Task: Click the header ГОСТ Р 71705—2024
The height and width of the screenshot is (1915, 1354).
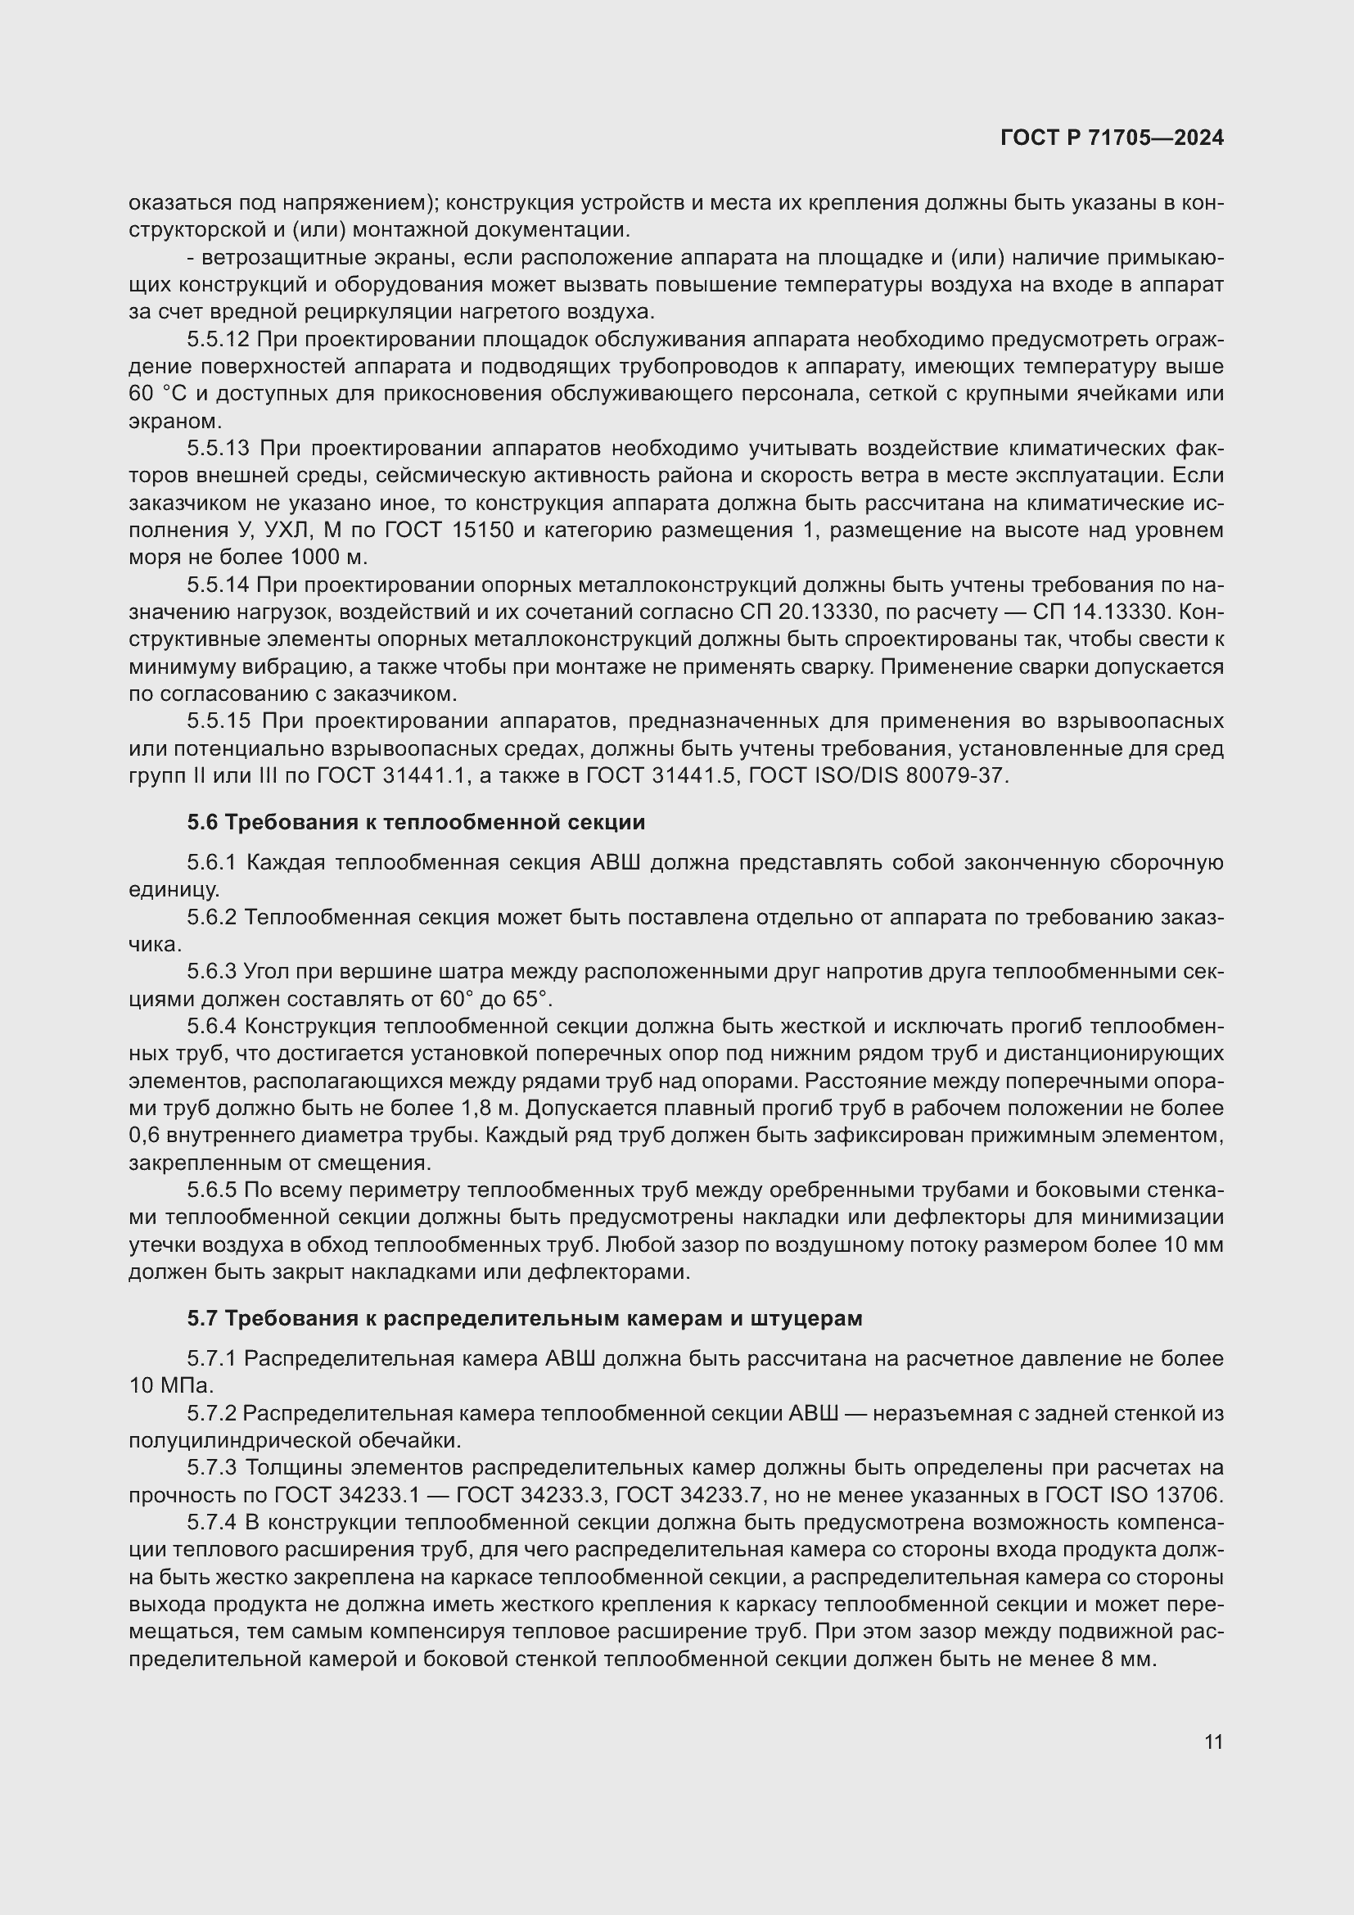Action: point(1112,138)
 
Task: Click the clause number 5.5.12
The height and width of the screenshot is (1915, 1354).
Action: point(218,340)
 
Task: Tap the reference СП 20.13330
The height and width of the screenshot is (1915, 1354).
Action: point(807,612)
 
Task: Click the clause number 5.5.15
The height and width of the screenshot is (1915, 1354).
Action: point(218,720)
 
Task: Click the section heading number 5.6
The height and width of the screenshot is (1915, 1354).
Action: point(201,822)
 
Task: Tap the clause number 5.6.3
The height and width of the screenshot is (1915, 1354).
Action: point(212,972)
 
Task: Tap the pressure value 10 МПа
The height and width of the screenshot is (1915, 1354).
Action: point(171,1386)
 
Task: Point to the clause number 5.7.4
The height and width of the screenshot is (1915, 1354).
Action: point(212,1523)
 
